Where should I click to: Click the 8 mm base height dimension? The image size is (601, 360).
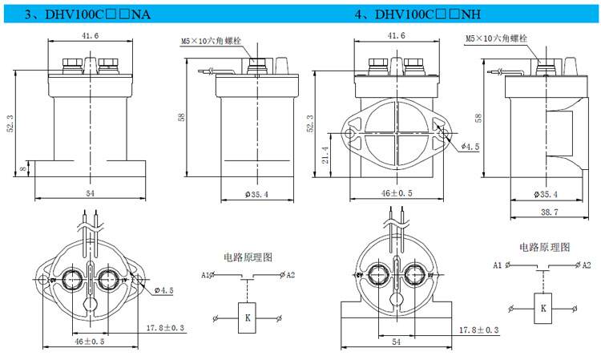(25, 169)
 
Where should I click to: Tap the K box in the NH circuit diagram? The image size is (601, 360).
(543, 307)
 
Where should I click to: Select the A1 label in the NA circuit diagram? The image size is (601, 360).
(206, 275)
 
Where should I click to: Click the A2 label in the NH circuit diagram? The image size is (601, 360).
(586, 265)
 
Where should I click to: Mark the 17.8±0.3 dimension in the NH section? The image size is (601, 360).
(478, 330)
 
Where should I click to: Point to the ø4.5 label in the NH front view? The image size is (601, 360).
(469, 146)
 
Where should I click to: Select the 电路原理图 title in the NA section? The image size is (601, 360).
(247, 257)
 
